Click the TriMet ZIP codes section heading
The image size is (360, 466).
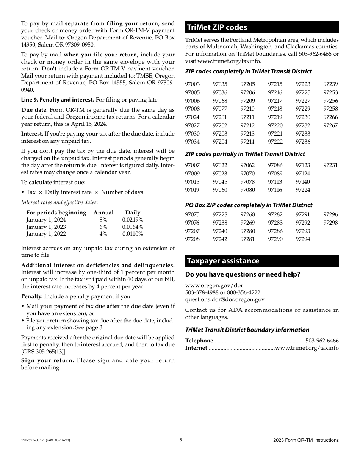(217, 27)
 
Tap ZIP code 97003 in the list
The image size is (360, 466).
(192, 84)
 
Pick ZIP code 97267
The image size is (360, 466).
(330, 125)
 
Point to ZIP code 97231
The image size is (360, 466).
(330, 165)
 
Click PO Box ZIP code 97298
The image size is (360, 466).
(330, 223)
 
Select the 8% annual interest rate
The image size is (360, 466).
(103, 220)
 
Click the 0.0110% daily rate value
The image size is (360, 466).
(133, 234)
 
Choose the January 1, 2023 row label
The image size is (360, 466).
(46, 227)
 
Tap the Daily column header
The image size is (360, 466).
(133, 213)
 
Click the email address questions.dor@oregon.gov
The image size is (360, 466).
(225, 299)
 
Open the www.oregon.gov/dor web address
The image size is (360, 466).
(214, 285)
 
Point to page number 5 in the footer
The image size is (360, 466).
(180, 440)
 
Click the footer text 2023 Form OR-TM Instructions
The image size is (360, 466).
(305, 440)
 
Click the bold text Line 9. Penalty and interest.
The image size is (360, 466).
(58, 100)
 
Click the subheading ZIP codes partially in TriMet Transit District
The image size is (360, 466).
(245, 154)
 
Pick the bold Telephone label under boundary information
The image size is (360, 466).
(199, 341)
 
